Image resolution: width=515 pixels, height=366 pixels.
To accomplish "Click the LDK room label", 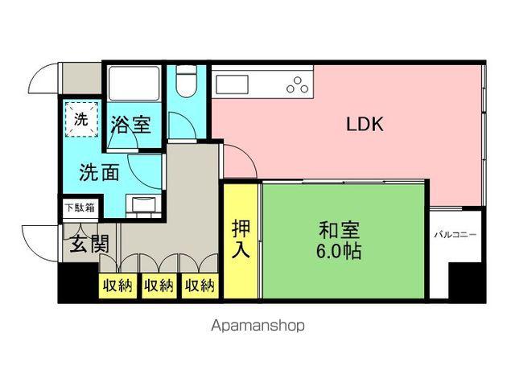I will tap(365, 125).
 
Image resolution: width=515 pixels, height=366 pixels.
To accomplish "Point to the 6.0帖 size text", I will tap(338, 250).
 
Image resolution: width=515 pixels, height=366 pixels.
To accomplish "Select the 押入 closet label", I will tap(241, 239).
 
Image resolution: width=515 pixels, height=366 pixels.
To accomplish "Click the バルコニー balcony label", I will tap(455, 236).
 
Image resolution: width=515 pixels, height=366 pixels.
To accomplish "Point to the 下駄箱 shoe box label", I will tap(78, 208).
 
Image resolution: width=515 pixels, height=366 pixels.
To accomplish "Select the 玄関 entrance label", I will tap(88, 243).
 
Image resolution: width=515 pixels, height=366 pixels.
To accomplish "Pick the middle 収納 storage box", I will tap(159, 286).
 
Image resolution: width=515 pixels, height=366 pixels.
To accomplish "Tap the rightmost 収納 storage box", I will tap(200, 286).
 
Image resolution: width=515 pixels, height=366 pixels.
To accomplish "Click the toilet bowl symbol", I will tap(187, 82).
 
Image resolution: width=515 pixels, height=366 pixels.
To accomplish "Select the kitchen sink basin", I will tap(230, 82).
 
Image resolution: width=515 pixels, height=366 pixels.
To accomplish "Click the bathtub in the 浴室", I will tap(134, 84).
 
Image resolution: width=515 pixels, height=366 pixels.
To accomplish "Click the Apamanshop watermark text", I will tap(257, 327).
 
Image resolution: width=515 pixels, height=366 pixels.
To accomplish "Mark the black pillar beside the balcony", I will tap(466, 282).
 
